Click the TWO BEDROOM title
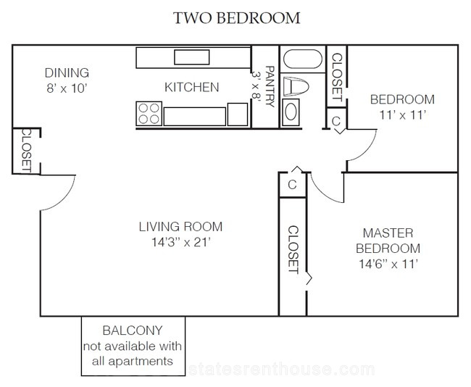click(x=237, y=17)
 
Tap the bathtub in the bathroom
click(x=302, y=59)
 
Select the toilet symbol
click(x=296, y=86)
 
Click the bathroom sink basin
click(x=291, y=112)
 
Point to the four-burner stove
click(x=149, y=114)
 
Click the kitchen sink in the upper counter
click(x=191, y=57)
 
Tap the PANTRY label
click(x=270, y=86)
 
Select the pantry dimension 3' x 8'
click(x=256, y=86)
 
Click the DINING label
click(x=67, y=73)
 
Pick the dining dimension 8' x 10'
click(x=67, y=88)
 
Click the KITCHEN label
click(x=191, y=87)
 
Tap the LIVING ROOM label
click(x=180, y=227)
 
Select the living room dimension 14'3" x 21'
click(x=180, y=242)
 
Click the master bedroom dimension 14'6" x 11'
click(x=388, y=264)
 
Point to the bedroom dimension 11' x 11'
click(x=402, y=115)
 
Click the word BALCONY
click(x=133, y=330)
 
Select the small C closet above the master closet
click(x=292, y=185)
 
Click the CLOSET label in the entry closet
click(x=26, y=151)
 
